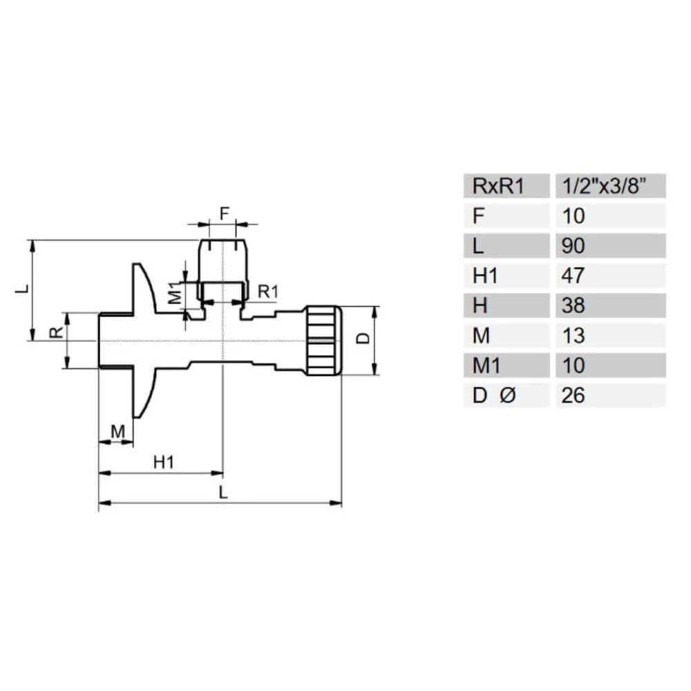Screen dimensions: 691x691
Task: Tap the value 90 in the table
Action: [574, 245]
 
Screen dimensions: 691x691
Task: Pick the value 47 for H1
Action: [574, 276]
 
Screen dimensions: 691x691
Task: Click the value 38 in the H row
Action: [574, 305]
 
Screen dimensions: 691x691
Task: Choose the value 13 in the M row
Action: [574, 336]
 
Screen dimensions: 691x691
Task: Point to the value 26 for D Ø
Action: [574, 395]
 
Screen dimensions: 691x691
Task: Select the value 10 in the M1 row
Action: [574, 366]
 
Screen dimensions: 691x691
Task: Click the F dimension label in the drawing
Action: [224, 214]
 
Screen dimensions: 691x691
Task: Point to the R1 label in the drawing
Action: [267, 292]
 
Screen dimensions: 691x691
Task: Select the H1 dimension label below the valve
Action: [163, 462]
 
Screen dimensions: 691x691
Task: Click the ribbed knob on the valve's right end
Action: [323, 341]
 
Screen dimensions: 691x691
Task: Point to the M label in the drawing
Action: [117, 432]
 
